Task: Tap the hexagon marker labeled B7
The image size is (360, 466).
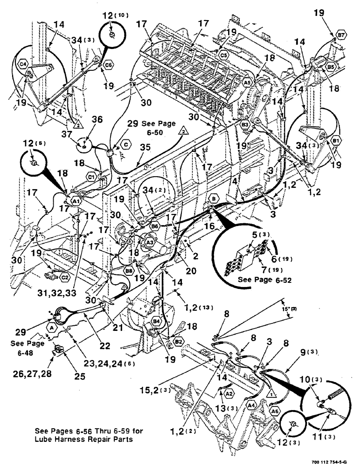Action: tap(339, 34)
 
